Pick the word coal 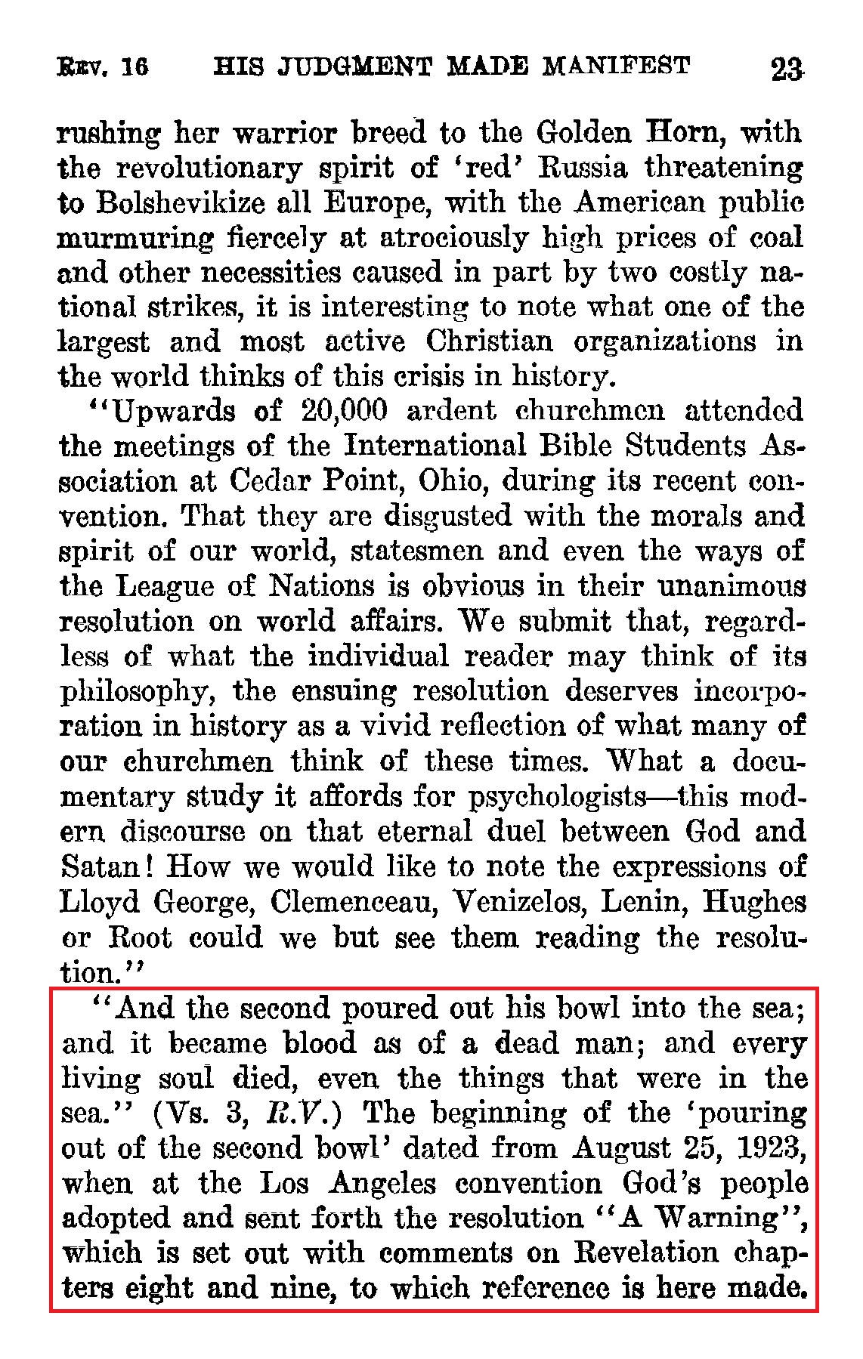pyautogui.click(x=774, y=238)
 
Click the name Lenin pyautogui.click(x=642, y=902)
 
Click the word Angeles pyautogui.click(x=382, y=1184)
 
